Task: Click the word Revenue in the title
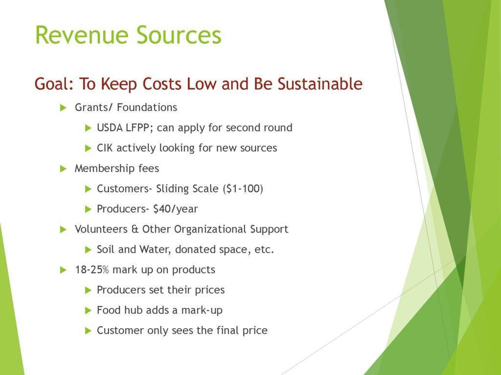82,35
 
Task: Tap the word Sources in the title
179,35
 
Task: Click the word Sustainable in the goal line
320,83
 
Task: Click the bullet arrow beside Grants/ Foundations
63,108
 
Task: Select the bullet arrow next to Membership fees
63,168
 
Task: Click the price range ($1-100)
243,188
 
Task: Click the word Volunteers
101,229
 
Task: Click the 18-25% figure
92,270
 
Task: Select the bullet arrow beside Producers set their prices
88,290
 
